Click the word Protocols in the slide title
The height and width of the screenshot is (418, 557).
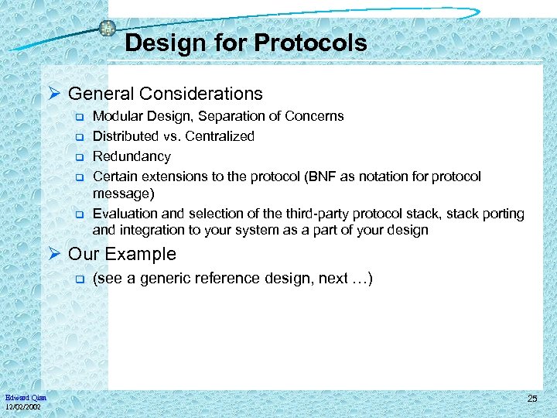tap(312, 43)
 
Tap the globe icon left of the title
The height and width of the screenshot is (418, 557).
tap(108, 28)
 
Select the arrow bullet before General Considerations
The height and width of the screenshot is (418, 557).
tap(55, 94)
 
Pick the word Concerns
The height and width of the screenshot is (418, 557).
tap(316, 116)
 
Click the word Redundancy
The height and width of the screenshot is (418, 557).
tap(132, 156)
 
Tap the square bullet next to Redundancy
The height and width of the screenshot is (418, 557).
tap(78, 157)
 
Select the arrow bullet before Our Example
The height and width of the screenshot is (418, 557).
tap(55, 255)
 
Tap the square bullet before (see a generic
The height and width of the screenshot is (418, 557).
tap(78, 279)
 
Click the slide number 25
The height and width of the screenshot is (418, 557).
tap(531, 399)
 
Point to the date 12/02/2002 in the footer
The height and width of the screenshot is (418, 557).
tap(25, 406)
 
